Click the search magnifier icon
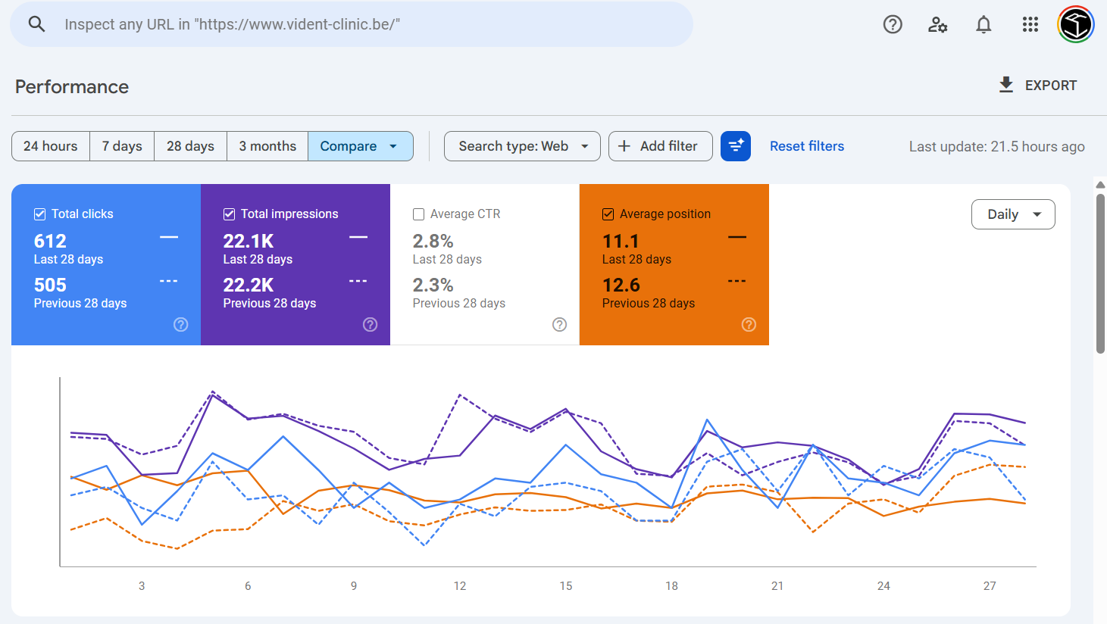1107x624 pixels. click(x=36, y=24)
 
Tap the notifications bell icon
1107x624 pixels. click(x=983, y=24)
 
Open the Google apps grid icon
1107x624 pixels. click(x=1030, y=24)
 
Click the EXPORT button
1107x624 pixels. click(x=1037, y=86)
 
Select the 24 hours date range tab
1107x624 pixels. click(x=51, y=146)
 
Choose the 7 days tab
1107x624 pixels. click(x=122, y=146)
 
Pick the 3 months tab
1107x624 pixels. click(x=267, y=146)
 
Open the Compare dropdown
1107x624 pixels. click(x=360, y=146)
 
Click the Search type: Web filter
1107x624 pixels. click(x=522, y=146)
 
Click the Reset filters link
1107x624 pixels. click(x=806, y=146)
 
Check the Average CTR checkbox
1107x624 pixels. click(x=418, y=214)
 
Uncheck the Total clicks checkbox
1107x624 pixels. click(x=39, y=214)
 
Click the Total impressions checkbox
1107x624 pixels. click(x=229, y=214)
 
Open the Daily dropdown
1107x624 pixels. click(x=1013, y=214)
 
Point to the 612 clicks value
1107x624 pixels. click(x=50, y=241)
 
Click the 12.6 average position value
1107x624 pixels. click(x=621, y=285)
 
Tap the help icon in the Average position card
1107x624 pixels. click(x=749, y=325)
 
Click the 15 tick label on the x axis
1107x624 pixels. click(x=566, y=586)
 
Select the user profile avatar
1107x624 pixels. click(x=1076, y=24)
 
